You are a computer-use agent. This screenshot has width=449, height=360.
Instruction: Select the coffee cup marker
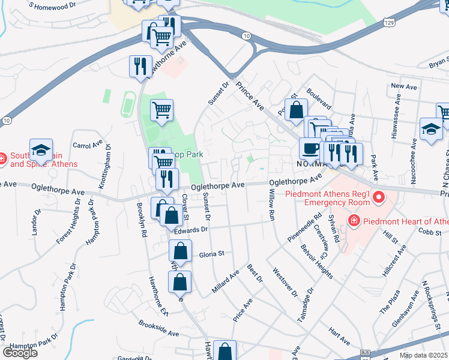coord(310,148)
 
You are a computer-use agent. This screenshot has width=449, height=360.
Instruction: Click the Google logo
coord(19,352)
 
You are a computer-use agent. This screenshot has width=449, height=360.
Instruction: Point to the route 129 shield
coord(390,22)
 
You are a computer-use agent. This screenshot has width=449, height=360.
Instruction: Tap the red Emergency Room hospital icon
coord(379,196)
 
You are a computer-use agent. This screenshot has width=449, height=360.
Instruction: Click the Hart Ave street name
coord(339,336)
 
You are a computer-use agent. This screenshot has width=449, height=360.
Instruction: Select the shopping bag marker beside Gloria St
coord(179,252)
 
